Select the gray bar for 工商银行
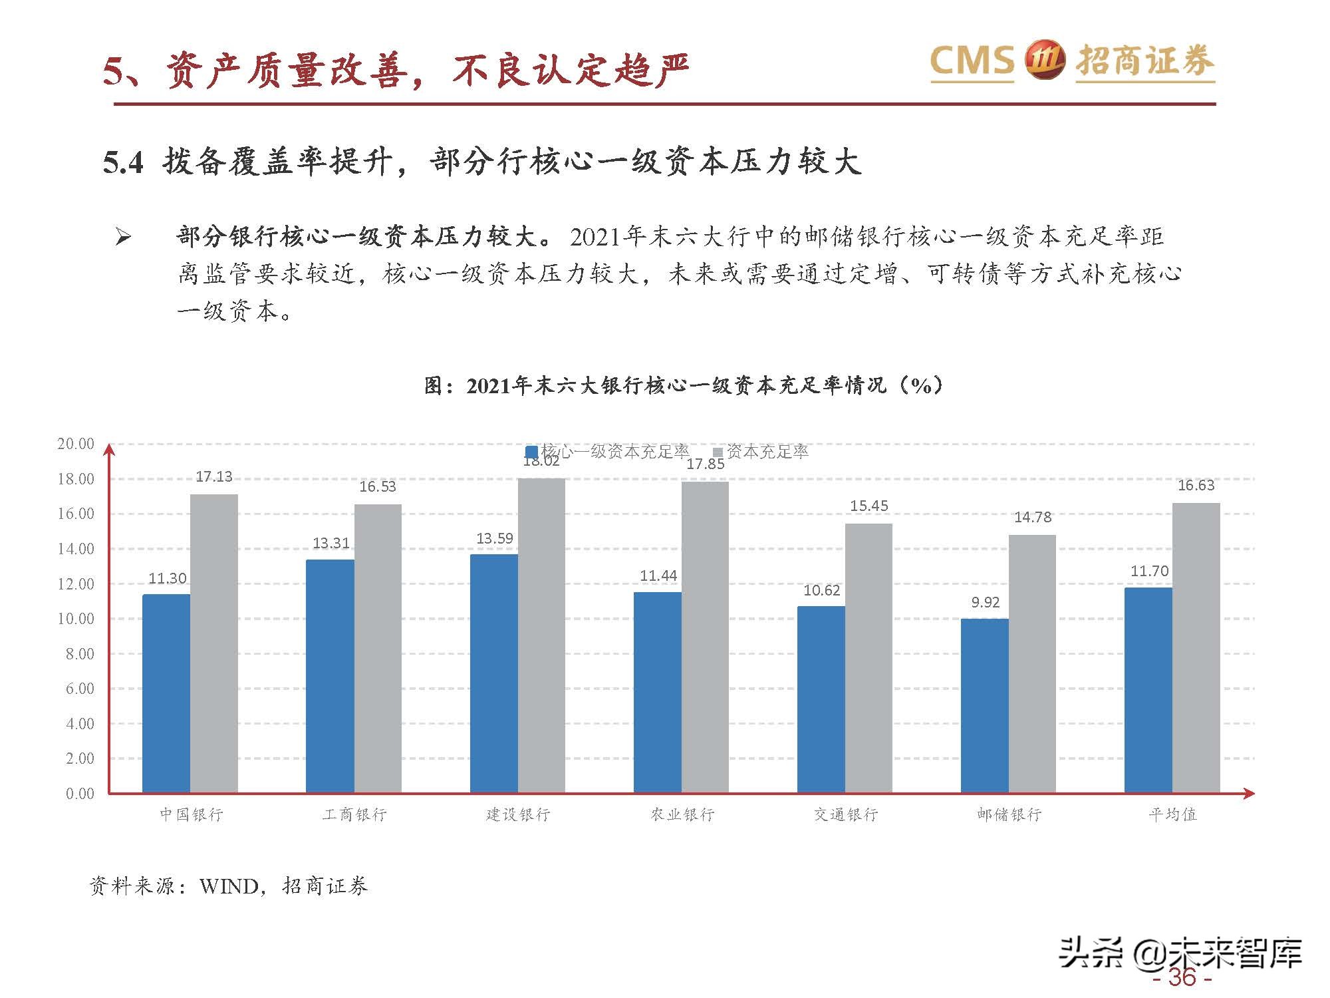(x=378, y=649)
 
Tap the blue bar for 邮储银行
(x=984, y=705)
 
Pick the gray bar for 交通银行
(x=868, y=658)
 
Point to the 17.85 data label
(x=706, y=464)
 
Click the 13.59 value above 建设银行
(x=495, y=539)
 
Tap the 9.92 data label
(x=985, y=603)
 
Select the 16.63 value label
(x=1196, y=486)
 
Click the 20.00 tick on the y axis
(x=76, y=444)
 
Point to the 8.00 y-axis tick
(x=80, y=654)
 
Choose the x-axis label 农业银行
(x=682, y=814)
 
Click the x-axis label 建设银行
(x=518, y=814)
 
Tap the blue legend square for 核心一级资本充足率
(x=531, y=452)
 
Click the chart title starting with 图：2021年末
(x=683, y=385)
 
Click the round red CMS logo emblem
(x=1045, y=61)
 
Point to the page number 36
(x=1182, y=977)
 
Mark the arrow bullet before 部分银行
(x=123, y=237)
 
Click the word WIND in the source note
(x=229, y=886)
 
